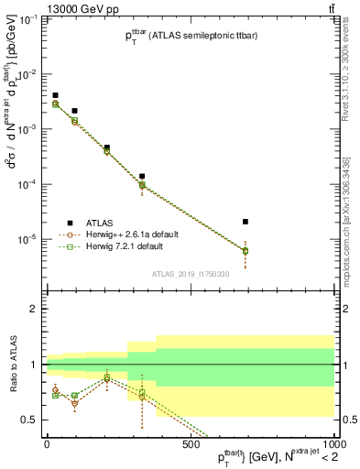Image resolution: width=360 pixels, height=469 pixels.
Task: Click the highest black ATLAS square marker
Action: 55,95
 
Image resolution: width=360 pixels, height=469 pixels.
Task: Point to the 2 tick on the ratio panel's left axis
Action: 34,310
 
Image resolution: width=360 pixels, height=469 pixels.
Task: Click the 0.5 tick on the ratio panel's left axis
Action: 29,420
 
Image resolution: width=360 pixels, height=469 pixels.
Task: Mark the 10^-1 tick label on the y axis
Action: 28,19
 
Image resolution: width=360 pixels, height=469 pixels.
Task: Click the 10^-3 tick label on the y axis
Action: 28,129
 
